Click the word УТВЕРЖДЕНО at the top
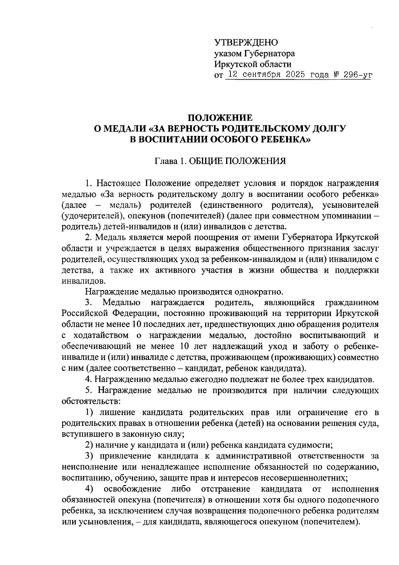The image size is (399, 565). pyautogui.click(x=246, y=42)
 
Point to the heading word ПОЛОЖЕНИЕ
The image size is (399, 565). pyautogui.click(x=220, y=118)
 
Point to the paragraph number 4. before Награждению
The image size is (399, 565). pyautogui.click(x=88, y=379)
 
